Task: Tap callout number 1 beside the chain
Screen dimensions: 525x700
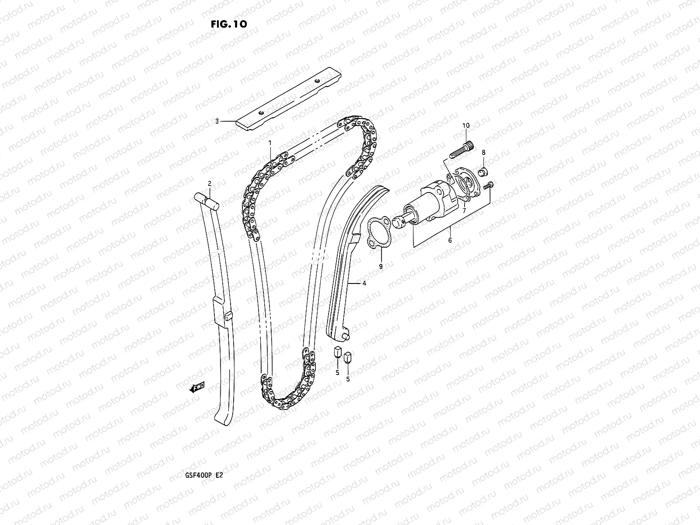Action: pyautogui.click(x=270, y=143)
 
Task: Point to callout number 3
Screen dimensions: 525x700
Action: pyautogui.click(x=217, y=121)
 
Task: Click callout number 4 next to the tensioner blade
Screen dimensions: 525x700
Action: pyautogui.click(x=364, y=283)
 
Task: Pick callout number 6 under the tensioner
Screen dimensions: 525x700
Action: pyautogui.click(x=450, y=240)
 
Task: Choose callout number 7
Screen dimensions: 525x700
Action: pyautogui.click(x=464, y=210)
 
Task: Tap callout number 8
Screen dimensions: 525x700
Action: pyautogui.click(x=483, y=152)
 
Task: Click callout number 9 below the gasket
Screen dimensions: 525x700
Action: pyautogui.click(x=381, y=266)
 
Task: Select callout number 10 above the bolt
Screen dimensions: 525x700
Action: pyautogui.click(x=466, y=126)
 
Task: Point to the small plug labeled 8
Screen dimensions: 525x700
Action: pyautogui.click(x=482, y=172)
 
